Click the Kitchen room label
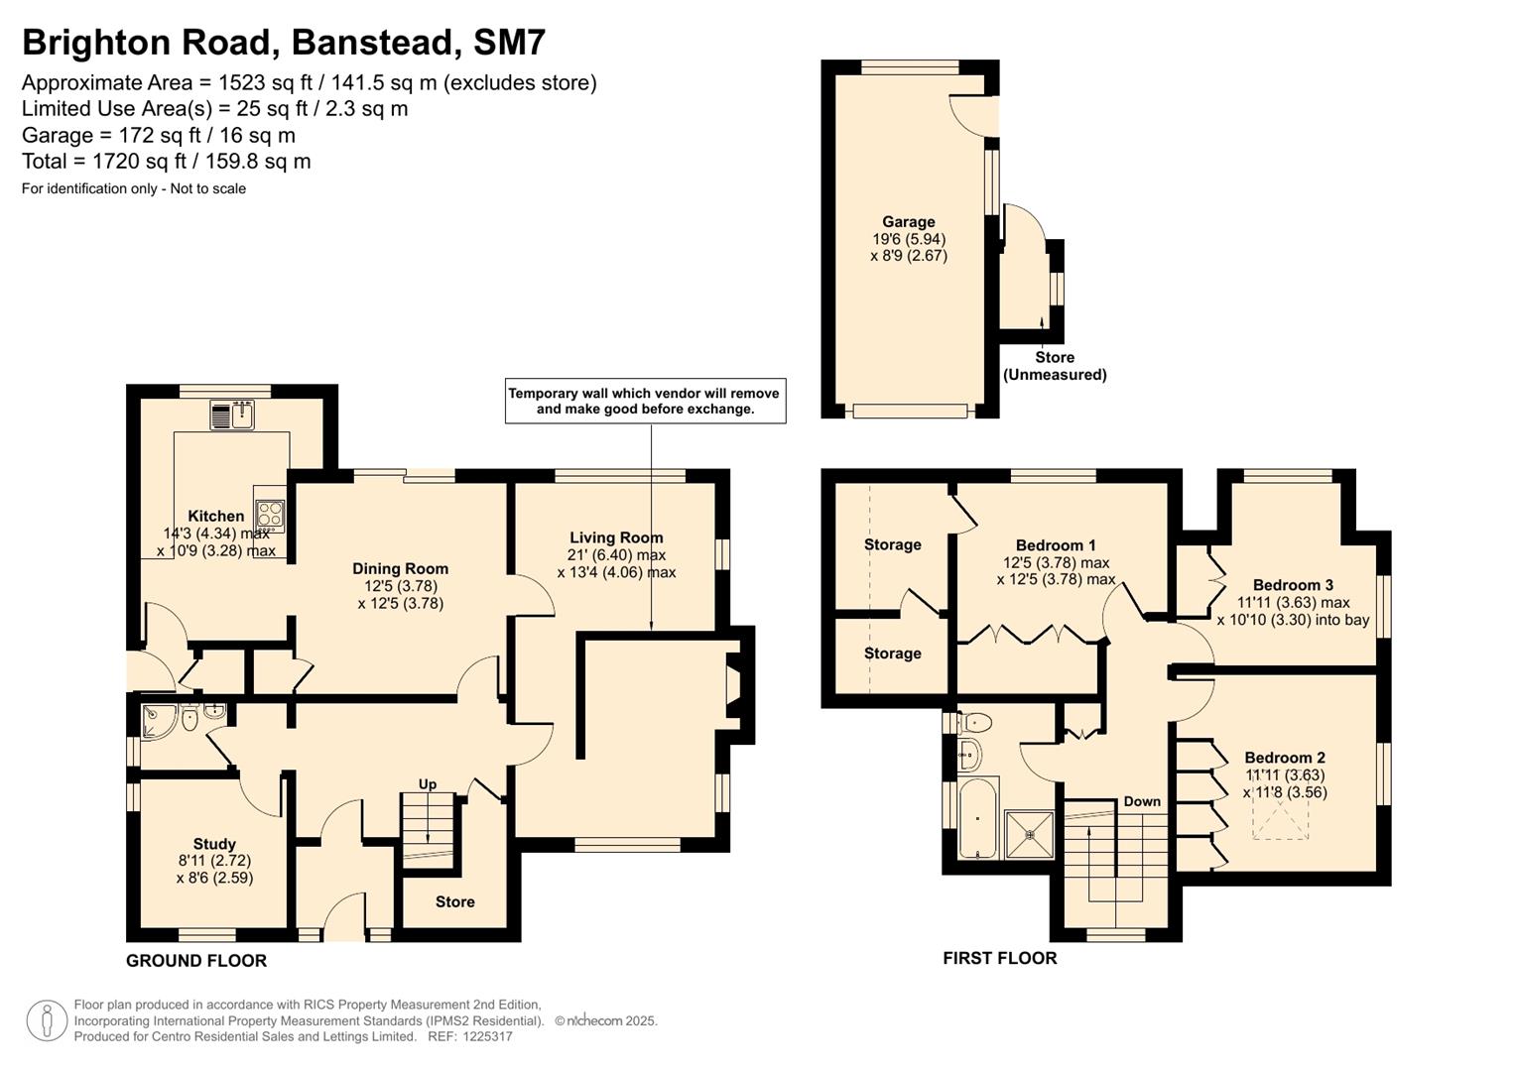215,517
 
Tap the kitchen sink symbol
232,415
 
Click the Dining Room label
400,569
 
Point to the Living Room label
616,537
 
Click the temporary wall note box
645,401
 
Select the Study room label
214,844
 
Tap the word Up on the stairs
428,784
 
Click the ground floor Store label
454,901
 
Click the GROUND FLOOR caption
196,960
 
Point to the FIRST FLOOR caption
999,958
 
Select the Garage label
908,222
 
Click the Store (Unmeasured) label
1054,366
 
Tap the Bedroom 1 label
1056,545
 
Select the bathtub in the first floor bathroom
978,819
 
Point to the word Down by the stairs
1142,801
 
